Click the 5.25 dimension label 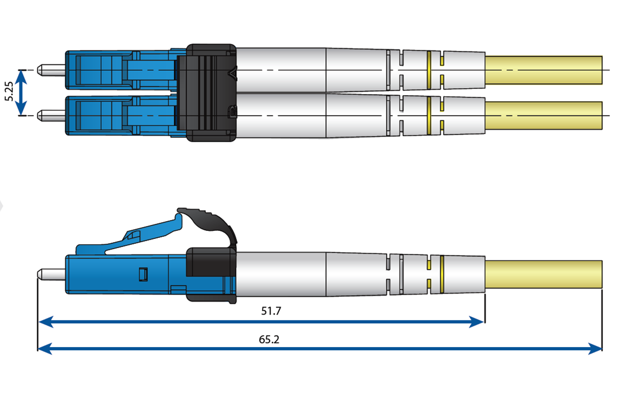click(x=9, y=92)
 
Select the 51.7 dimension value click(x=271, y=311)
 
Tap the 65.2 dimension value click(x=269, y=339)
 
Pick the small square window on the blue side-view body click(x=143, y=275)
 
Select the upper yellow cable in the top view click(x=543, y=70)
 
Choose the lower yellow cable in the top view click(x=543, y=116)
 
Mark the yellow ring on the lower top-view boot click(x=429, y=116)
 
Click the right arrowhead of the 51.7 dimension click(x=478, y=322)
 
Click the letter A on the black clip click(x=233, y=72)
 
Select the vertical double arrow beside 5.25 click(x=21, y=92)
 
